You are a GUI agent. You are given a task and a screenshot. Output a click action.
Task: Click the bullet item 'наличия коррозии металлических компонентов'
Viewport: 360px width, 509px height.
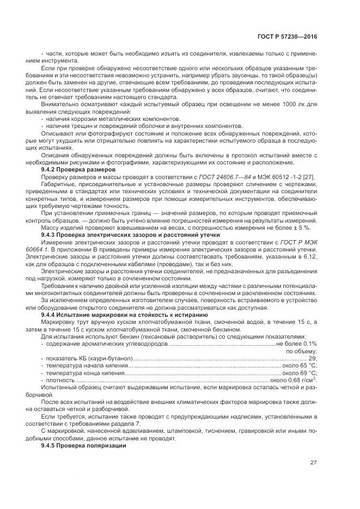click(x=113, y=118)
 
